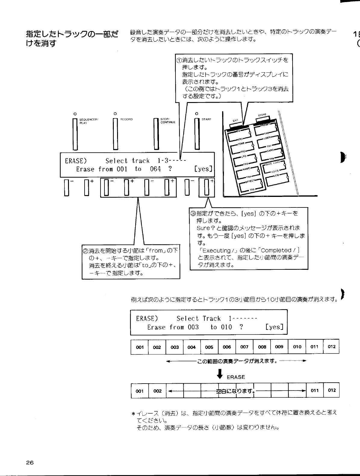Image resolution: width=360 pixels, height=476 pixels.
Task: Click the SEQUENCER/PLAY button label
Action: click(88, 121)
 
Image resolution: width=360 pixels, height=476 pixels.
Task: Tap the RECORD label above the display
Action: click(126, 120)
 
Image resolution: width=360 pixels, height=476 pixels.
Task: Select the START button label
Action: click(206, 120)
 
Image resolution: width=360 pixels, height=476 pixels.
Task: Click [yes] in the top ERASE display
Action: click(204, 169)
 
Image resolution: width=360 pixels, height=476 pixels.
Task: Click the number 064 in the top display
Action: click(155, 169)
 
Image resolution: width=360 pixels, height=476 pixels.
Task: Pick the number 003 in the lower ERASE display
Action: click(193, 327)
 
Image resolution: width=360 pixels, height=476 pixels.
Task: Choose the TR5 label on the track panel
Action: click(252, 190)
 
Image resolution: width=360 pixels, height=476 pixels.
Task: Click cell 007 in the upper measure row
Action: click(244, 347)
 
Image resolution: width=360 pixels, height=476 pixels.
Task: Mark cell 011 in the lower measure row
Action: click(315, 390)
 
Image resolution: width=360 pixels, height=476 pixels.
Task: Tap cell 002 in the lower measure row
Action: click(157, 391)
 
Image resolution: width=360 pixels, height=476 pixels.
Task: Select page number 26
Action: click(29, 463)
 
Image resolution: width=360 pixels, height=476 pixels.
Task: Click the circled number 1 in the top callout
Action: click(179, 60)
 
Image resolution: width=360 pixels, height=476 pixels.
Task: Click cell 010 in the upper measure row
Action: click(297, 347)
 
